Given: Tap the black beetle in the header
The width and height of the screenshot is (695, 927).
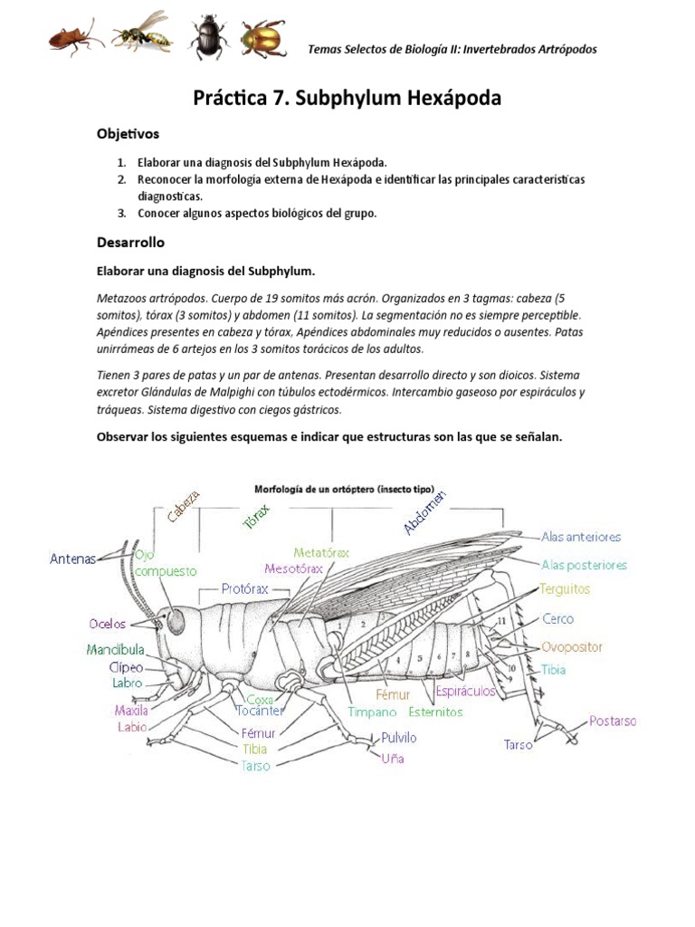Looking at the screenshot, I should [207, 41].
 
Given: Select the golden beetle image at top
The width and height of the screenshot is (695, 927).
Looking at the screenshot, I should [262, 39].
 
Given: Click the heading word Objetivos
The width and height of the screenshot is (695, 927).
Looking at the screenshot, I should [128, 134].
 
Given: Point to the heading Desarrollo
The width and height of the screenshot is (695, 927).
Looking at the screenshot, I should [130, 243].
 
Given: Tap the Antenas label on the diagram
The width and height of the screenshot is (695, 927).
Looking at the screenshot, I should [72, 559].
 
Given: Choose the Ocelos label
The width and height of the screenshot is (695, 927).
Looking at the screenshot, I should [106, 623].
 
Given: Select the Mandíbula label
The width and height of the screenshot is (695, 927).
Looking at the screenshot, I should [115, 650].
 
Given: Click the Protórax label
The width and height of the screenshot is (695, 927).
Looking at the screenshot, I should [244, 588].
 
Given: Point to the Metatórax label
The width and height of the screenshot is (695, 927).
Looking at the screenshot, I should [321, 552].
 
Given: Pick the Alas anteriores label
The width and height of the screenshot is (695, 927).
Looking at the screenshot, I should [581, 536].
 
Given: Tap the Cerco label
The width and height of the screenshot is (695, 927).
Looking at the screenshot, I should [557, 619].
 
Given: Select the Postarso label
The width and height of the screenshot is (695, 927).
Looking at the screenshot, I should [613, 722].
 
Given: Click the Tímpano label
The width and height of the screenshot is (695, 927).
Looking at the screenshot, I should [373, 712].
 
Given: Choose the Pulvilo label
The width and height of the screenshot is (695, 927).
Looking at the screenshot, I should [399, 738].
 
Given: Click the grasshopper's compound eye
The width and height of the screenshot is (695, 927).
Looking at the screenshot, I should [174, 621].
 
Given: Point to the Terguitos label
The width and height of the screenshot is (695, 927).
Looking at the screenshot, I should [565, 589].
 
